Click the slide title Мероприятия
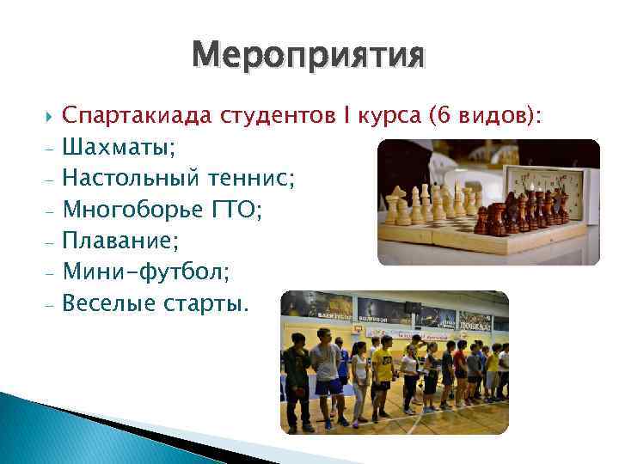tap(309, 56)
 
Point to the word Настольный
tap(132, 179)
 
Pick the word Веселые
tap(108, 302)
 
